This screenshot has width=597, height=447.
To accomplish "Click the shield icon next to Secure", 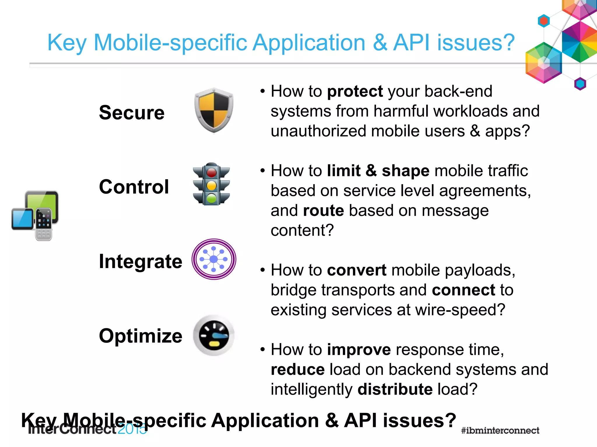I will pos(214,110).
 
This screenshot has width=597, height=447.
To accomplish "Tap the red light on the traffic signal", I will pos(212,172).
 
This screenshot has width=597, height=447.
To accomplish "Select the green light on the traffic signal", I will pos(212,199).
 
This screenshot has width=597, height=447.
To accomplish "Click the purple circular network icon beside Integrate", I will pos(214,259).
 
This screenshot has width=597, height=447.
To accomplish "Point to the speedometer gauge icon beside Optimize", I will pos(214,335).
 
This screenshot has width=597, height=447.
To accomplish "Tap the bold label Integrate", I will pos(141,261).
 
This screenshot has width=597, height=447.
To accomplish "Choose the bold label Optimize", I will pos(141,336).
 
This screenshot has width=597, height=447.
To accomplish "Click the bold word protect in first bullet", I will pos(355,91).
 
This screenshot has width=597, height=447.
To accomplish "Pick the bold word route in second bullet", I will pos(323,210).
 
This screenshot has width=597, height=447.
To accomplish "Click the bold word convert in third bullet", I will pos(357,270).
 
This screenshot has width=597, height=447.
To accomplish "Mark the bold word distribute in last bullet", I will pos(395,389).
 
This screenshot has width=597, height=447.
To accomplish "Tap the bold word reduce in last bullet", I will pos(297,370).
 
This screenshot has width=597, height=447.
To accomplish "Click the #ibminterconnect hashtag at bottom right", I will pos(500,430).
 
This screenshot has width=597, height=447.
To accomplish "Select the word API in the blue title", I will pos(411,42).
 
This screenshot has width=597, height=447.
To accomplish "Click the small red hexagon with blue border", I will pos(544,21).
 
